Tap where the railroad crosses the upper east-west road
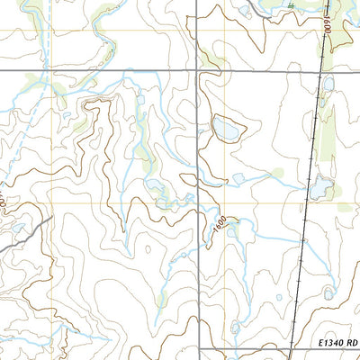(x=320, y=70)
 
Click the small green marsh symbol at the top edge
(x=291, y=4)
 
